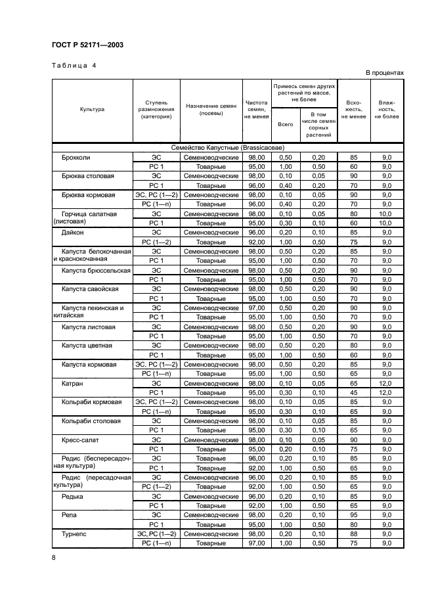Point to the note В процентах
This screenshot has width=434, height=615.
pos(384,73)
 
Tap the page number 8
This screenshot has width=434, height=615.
pos(54,557)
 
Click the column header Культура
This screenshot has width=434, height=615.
pos(93,110)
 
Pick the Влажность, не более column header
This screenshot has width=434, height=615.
pos(387,110)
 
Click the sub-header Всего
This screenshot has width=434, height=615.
pos(286,124)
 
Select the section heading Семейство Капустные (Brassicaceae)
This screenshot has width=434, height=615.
pos(228,148)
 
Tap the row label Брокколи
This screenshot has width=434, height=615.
pos(76,158)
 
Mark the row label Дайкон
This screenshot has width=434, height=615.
pos(73,233)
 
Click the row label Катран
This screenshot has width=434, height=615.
pos(73,383)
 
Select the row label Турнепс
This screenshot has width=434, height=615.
pos(75,534)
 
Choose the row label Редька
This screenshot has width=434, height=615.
pos(73,497)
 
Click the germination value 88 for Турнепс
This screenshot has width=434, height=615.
pos(353,534)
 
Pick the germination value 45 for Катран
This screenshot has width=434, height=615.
pos(353,392)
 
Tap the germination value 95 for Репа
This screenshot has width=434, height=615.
pos(353,515)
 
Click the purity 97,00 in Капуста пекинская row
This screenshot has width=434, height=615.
pos(256,308)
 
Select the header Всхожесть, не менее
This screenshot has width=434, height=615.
pos(353,110)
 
